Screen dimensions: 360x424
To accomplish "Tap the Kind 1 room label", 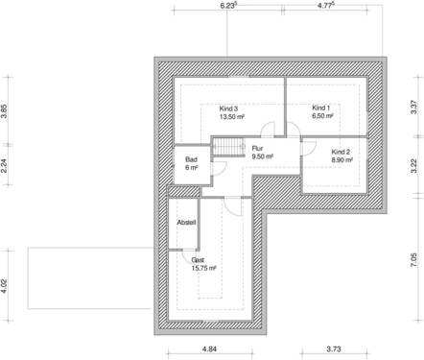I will click(321, 108).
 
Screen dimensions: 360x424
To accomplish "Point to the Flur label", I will click(258, 149).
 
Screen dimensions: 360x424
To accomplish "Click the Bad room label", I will click(191, 159).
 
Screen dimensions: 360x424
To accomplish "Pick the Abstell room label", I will click(187, 223).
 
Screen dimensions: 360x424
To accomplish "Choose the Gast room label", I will click(198, 260).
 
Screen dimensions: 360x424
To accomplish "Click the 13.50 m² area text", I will click(231, 117).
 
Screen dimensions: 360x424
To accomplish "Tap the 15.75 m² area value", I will click(202, 269).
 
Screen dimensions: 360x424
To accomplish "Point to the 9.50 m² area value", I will click(262, 156).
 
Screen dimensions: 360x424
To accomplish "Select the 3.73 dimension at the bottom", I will click(335, 349).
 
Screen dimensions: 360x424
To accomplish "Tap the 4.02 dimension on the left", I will click(5, 286).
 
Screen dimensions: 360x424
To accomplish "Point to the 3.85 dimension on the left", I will click(5, 110).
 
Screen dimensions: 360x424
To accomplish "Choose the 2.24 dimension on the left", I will click(5, 164).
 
